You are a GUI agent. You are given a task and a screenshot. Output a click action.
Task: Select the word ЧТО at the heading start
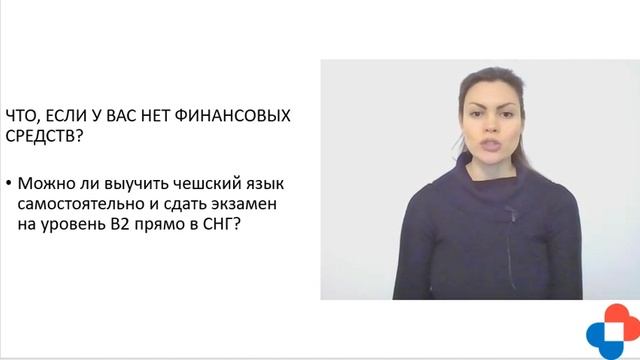click(x=23, y=115)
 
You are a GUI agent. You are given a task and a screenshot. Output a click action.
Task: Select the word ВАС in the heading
click(x=130, y=115)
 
